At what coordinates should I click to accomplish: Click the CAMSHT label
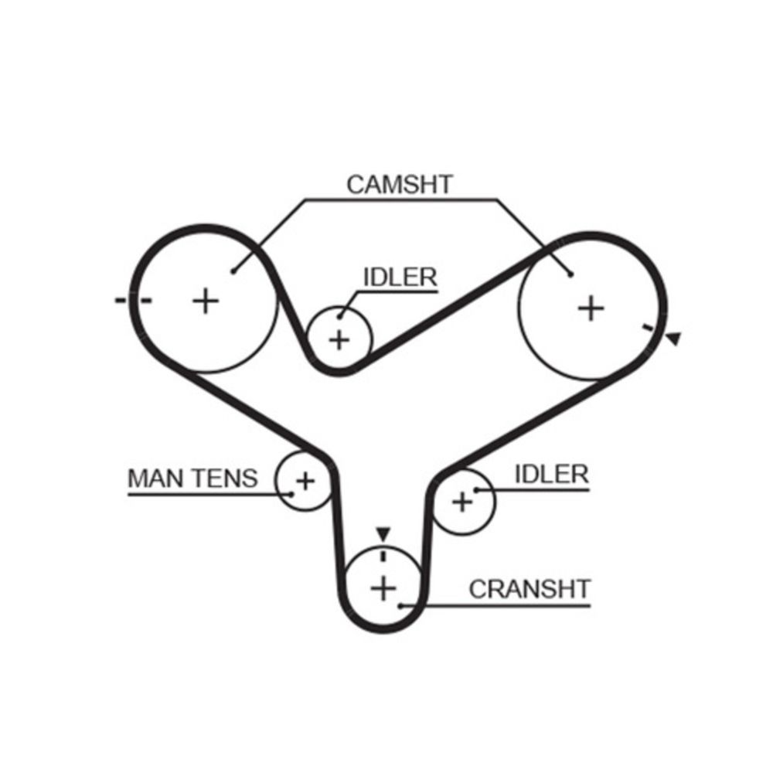click(x=399, y=186)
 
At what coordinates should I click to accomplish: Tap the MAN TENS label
click(x=192, y=478)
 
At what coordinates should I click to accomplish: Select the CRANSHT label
click(x=529, y=589)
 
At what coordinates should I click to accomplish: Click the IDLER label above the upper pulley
click(x=400, y=278)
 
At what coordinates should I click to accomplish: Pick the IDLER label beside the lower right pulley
click(x=551, y=474)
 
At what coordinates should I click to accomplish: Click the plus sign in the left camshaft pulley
click(x=206, y=300)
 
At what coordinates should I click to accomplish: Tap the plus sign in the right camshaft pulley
click(x=591, y=308)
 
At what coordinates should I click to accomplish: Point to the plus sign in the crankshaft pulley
click(x=383, y=589)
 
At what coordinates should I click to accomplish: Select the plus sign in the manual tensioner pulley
click(x=305, y=481)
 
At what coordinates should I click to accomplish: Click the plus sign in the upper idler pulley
click(x=339, y=339)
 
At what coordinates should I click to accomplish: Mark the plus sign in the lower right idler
click(x=462, y=502)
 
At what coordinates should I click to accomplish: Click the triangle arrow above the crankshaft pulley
click(x=383, y=533)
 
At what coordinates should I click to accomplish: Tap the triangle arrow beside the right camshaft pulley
click(x=673, y=338)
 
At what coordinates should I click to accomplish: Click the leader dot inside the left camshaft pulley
click(x=233, y=270)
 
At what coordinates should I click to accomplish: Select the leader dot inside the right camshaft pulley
click(x=570, y=273)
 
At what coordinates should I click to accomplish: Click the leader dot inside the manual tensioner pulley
click(x=291, y=493)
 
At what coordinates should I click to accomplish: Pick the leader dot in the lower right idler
click(x=476, y=489)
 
